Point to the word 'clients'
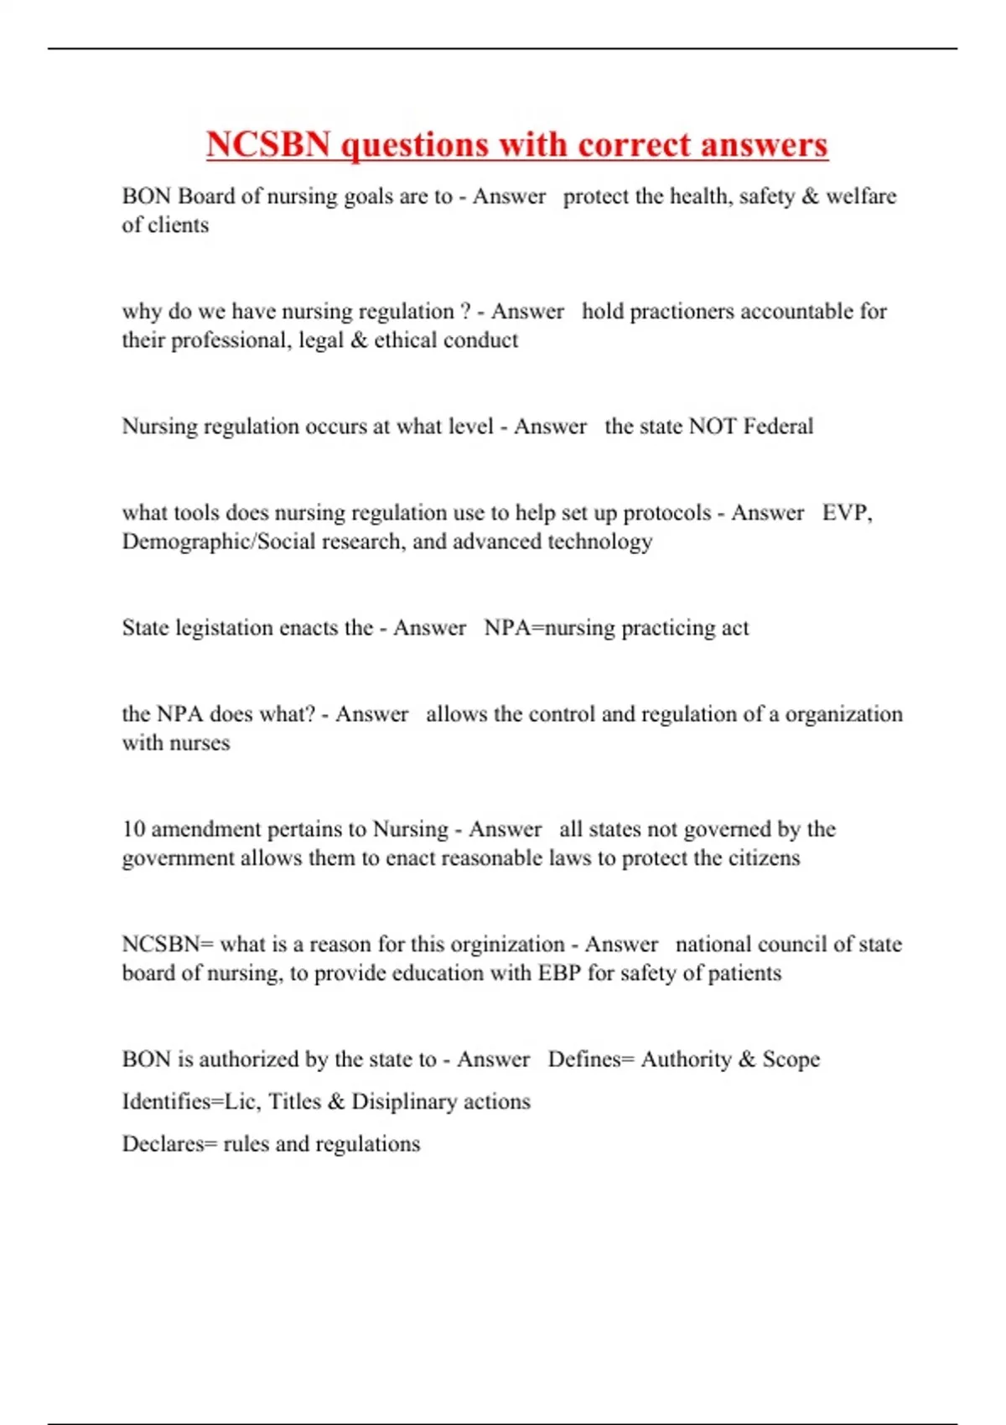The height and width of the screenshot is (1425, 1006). pyautogui.click(x=178, y=225)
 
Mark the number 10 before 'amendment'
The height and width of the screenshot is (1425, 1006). pyautogui.click(x=133, y=829)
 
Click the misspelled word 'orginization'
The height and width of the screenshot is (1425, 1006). pyautogui.click(x=507, y=945)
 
